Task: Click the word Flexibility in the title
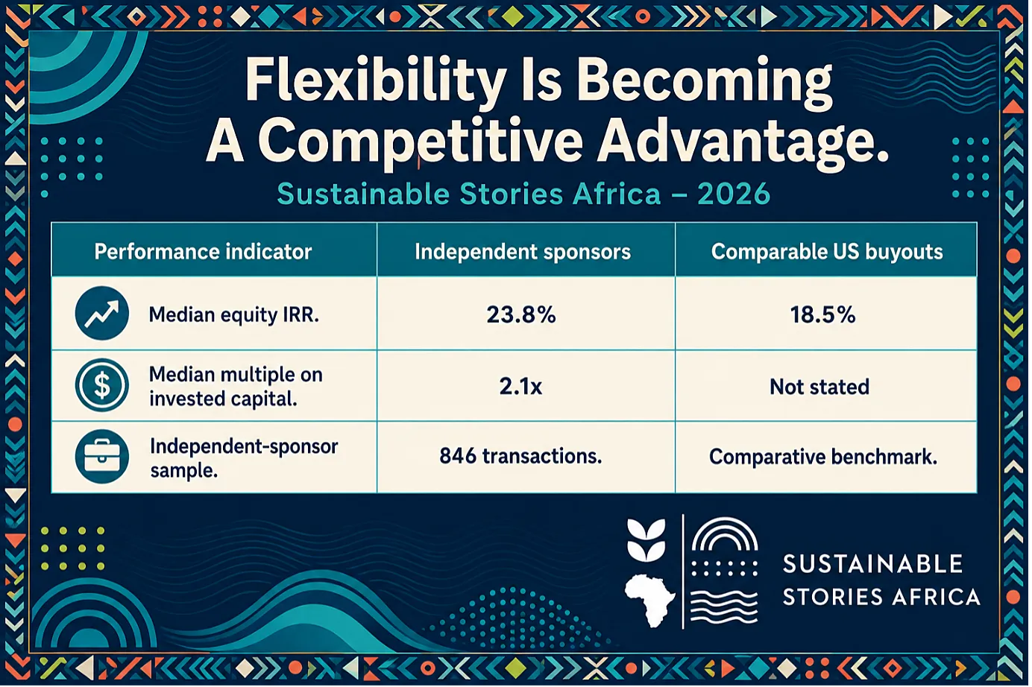tap(374, 82)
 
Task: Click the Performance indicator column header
tap(203, 252)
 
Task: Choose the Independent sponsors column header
tap(523, 252)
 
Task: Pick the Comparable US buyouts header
tap(827, 252)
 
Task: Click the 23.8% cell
tap(521, 315)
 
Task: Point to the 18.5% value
tap(822, 315)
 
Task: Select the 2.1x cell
tap(520, 386)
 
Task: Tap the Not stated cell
tap(819, 387)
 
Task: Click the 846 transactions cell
tap(520, 456)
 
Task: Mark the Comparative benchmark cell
tap(823, 457)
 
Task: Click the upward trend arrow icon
tap(102, 313)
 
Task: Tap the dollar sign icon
tap(102, 385)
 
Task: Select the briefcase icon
tap(102, 456)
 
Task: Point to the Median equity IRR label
tap(234, 315)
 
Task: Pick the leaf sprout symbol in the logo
tap(646, 539)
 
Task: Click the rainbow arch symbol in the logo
tap(725, 534)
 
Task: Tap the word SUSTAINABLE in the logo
tap(872, 564)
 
